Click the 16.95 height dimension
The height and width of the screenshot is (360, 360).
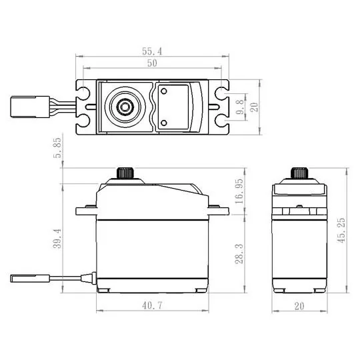point(238,189)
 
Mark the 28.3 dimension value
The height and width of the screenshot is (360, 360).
point(238,253)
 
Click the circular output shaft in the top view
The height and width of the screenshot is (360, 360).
point(124,106)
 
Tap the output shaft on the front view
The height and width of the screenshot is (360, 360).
point(125,172)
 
